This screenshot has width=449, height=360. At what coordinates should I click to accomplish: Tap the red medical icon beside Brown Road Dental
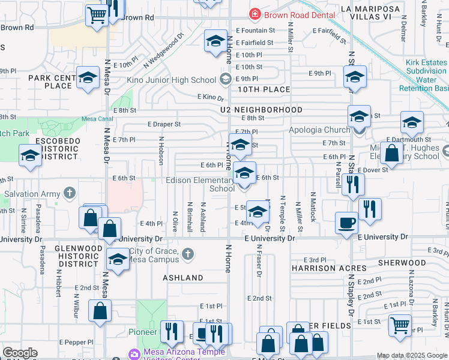tap(255, 13)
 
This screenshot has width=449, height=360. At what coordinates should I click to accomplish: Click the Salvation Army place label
tap(32, 194)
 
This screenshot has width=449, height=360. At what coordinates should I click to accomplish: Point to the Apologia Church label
tap(319, 130)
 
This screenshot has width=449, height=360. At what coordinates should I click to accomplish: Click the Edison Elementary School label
tap(200, 184)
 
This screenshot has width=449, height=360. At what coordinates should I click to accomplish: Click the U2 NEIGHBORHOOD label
tap(261, 110)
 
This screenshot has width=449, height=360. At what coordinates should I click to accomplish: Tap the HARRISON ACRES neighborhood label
tap(329, 268)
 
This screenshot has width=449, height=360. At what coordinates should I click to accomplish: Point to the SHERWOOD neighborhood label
tap(402, 263)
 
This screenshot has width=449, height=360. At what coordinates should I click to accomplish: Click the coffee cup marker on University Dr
tap(346, 223)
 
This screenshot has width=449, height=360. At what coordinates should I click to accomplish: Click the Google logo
tap(20, 353)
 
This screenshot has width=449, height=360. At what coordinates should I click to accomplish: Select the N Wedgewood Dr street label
tap(163, 53)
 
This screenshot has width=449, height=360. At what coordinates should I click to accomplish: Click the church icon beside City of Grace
tap(188, 254)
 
